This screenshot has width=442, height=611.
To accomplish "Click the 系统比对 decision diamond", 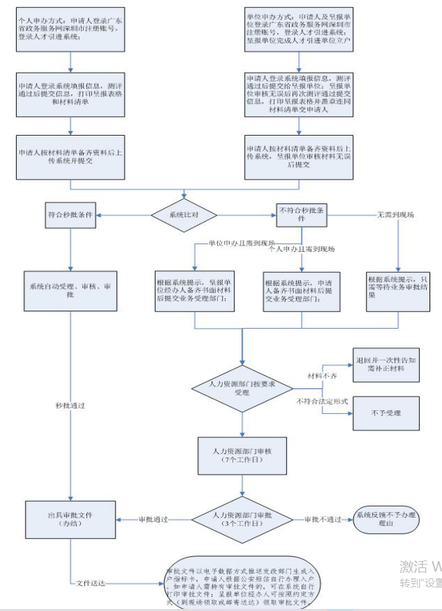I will [184, 215].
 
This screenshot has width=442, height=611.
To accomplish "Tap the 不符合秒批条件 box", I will [302, 214].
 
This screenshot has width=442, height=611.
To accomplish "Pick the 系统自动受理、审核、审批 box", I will [69, 290].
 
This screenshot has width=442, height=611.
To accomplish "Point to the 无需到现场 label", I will [395, 215].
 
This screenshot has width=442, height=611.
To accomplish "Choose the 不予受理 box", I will [387, 413].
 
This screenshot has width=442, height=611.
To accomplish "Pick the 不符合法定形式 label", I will [322, 401].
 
